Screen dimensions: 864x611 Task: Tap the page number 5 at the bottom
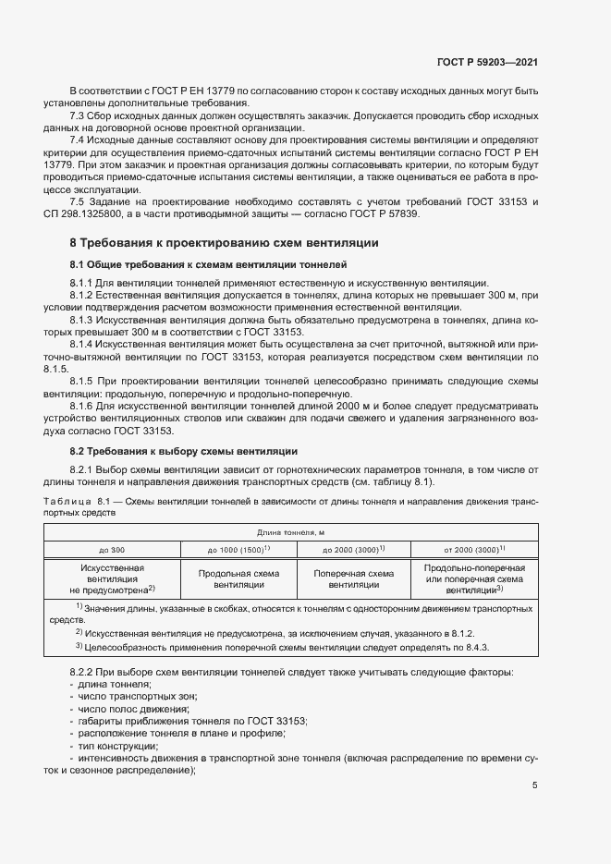click(x=535, y=785)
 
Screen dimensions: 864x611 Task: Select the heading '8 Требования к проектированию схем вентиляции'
click(x=224, y=243)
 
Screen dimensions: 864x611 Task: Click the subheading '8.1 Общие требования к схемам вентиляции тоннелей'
click(x=208, y=265)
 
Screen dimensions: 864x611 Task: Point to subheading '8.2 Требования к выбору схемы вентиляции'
click(x=184, y=451)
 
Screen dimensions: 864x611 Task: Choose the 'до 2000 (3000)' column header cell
click(x=354, y=549)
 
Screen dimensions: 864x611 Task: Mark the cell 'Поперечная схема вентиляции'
click(x=354, y=578)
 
